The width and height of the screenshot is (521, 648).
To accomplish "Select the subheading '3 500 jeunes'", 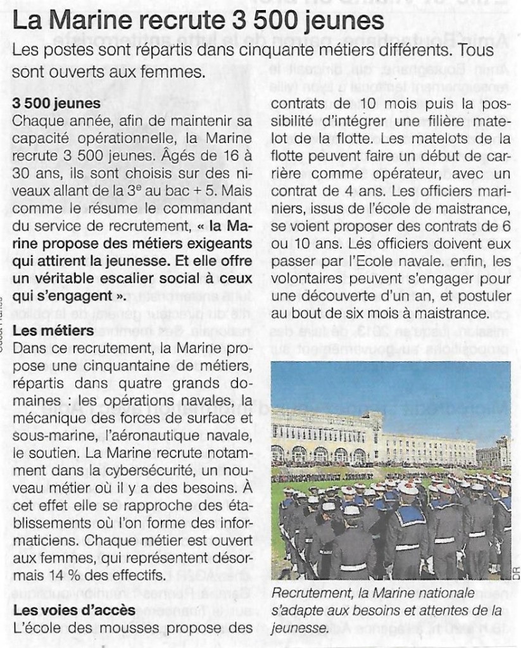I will (x=56, y=103).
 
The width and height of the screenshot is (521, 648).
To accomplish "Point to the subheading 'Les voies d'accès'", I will (x=73, y=611).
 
